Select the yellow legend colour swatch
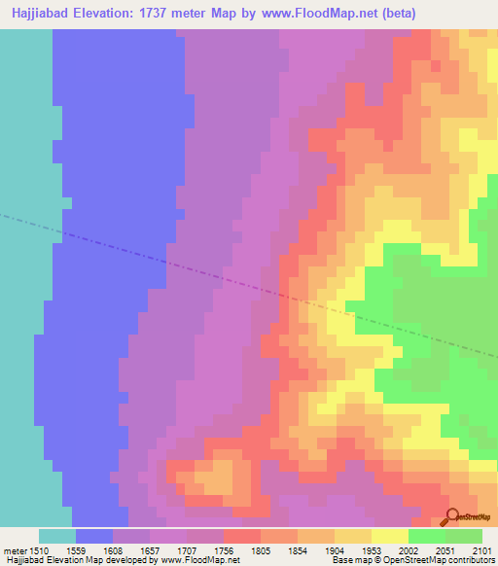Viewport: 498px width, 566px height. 389,536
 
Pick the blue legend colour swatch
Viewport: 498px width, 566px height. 94,536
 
